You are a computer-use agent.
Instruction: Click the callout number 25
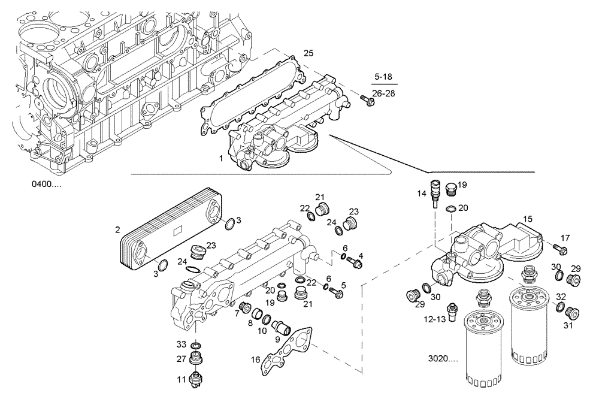pyautogui.click(x=308, y=53)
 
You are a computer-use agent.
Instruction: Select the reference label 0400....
pyautogui.click(x=46, y=184)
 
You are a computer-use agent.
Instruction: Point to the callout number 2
pyautogui.click(x=117, y=229)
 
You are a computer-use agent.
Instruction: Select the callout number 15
pyautogui.click(x=527, y=219)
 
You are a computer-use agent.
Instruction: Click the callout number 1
pyautogui.click(x=221, y=158)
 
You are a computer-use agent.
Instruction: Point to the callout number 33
pyautogui.click(x=181, y=344)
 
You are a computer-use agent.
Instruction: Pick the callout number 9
pyautogui.click(x=277, y=339)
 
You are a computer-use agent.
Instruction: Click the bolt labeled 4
pyautogui.click(x=357, y=262)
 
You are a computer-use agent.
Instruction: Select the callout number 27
pyautogui.click(x=181, y=359)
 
